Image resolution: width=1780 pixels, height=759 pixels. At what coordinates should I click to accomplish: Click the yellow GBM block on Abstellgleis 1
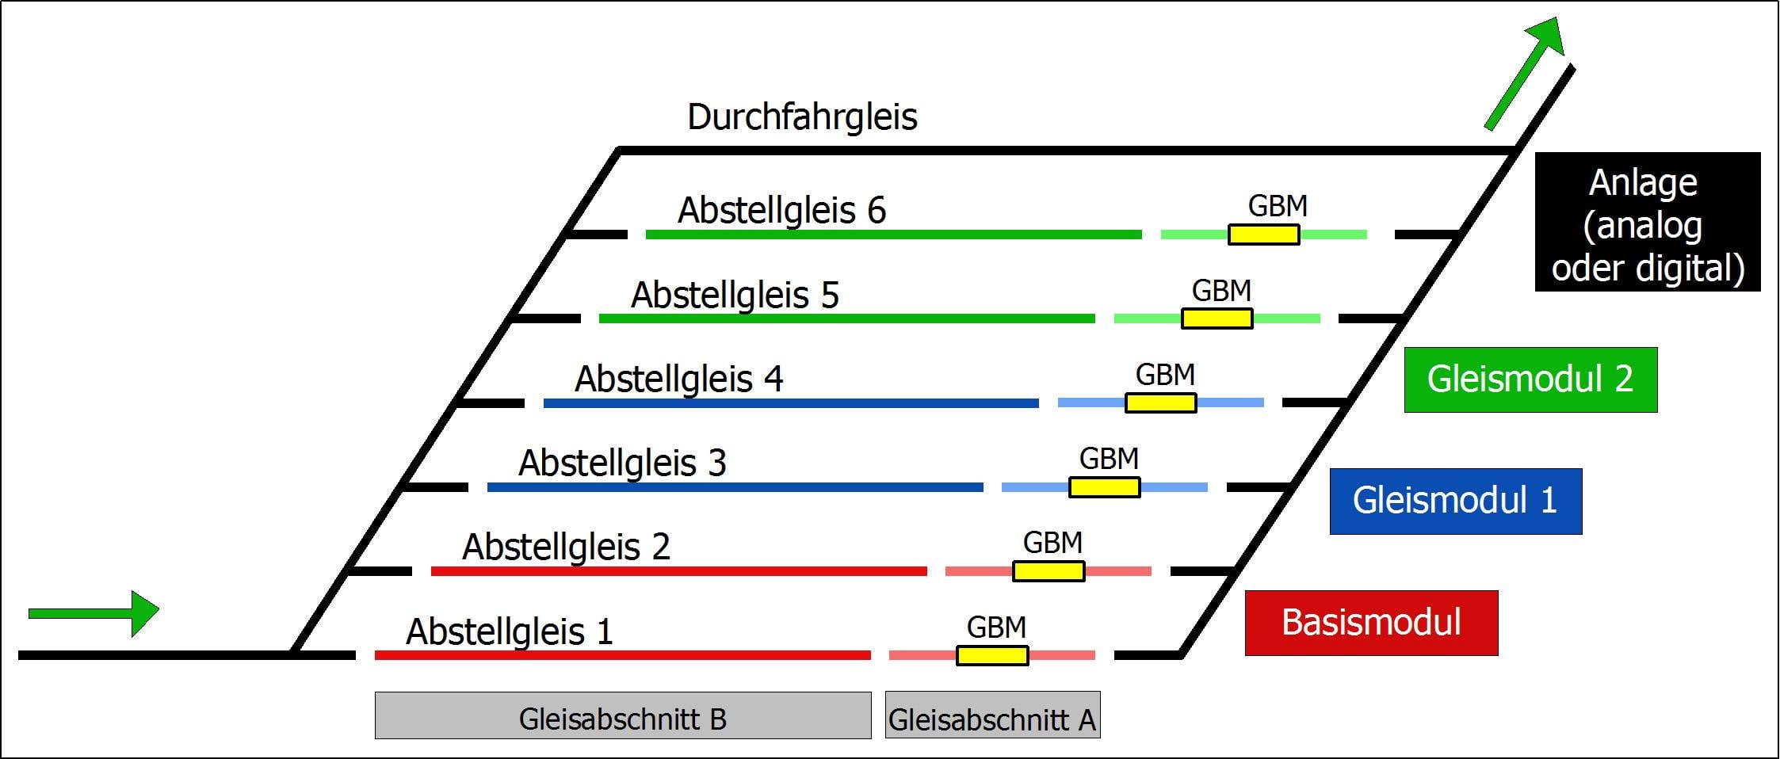pos(992,655)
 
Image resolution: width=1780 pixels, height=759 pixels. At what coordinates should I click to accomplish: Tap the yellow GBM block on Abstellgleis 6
pos(1263,235)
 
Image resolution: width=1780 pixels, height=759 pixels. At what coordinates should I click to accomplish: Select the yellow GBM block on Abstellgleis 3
pos(1104,487)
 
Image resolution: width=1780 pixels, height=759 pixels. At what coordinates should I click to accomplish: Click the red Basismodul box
pos(1371,623)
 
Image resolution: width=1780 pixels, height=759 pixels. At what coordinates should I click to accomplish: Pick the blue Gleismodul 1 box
pos(1455,502)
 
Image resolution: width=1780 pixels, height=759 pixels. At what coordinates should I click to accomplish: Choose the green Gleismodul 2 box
pos(1530,379)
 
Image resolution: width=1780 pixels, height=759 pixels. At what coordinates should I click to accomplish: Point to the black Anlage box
pos(1647,223)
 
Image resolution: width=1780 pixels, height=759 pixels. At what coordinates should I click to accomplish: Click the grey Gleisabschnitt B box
pos(623,715)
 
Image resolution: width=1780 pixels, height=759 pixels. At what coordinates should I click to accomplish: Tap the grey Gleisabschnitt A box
pos(992,715)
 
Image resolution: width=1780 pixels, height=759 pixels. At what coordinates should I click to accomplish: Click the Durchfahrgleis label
pos(802,117)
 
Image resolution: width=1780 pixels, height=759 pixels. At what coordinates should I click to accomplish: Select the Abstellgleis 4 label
pos(678,379)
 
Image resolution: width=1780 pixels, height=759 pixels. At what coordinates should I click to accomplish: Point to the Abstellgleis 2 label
pos(566,547)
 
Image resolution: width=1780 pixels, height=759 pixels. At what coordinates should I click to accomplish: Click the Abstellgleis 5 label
pos(735,296)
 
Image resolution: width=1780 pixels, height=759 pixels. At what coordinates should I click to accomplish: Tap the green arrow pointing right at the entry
pos(94,612)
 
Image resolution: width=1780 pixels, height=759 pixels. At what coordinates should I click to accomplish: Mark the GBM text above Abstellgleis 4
pos(1165,375)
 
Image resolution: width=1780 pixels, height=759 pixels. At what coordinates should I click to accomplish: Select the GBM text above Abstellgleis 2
pos(1052,543)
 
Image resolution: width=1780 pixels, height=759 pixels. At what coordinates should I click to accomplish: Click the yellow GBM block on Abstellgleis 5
pos(1217,318)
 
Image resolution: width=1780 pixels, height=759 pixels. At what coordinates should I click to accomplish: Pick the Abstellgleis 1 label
pos(510,632)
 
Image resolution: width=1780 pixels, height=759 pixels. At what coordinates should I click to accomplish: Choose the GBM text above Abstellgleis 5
pos(1221,291)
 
